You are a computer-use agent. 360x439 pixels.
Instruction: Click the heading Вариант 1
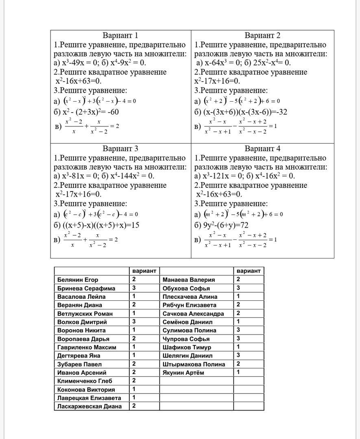(x=120, y=35)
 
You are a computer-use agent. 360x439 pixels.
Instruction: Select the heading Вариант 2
(x=262, y=35)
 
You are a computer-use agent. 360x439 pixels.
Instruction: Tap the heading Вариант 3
(x=120, y=148)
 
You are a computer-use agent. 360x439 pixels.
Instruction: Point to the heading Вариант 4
(x=262, y=148)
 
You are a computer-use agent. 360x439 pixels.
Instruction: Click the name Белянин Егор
(x=78, y=280)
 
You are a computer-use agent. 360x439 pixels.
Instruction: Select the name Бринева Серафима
(x=86, y=288)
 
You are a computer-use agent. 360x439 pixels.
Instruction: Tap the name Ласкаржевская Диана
(x=89, y=406)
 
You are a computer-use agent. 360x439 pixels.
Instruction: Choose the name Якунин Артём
(x=183, y=372)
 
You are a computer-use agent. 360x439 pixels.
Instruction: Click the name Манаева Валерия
(x=189, y=280)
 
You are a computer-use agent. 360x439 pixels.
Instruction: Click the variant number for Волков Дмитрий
(x=134, y=322)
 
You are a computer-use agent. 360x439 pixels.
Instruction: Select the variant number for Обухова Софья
(x=238, y=288)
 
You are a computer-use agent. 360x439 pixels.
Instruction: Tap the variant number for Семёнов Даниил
(x=238, y=322)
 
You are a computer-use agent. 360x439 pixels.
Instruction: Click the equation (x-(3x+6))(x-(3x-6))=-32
(x=241, y=112)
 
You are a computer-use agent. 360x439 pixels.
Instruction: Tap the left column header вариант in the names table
(x=144, y=271)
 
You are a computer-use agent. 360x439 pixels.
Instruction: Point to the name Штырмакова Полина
(x=194, y=364)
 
